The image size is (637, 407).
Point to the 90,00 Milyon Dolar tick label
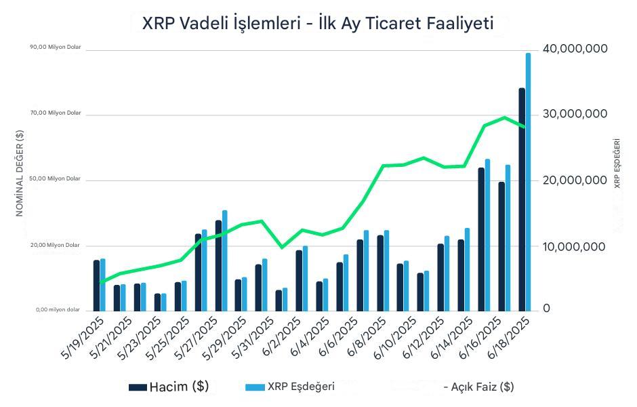(x=56, y=47)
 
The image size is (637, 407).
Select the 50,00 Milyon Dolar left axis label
(x=56, y=179)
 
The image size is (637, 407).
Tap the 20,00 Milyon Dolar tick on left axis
(x=56, y=246)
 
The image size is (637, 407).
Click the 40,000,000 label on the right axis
(x=575, y=49)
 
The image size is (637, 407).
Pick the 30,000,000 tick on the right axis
(x=575, y=114)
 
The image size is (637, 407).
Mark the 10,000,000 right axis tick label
(x=575, y=247)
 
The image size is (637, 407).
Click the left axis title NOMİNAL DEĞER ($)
(x=20, y=173)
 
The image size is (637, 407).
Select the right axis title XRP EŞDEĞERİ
(x=617, y=163)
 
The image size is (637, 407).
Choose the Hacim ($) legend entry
(x=169, y=387)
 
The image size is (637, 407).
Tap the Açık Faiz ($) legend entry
(x=478, y=387)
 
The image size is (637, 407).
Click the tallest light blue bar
(x=528, y=183)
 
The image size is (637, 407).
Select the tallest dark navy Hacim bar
(x=522, y=200)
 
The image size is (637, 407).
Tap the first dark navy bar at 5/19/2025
(x=97, y=285)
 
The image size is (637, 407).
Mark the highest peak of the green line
(x=504, y=117)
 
